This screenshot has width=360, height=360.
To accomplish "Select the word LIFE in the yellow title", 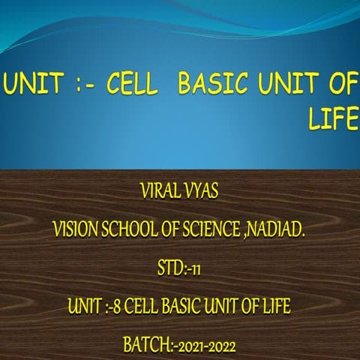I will click(332, 119).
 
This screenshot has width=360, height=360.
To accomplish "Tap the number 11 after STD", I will click(196, 268).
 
